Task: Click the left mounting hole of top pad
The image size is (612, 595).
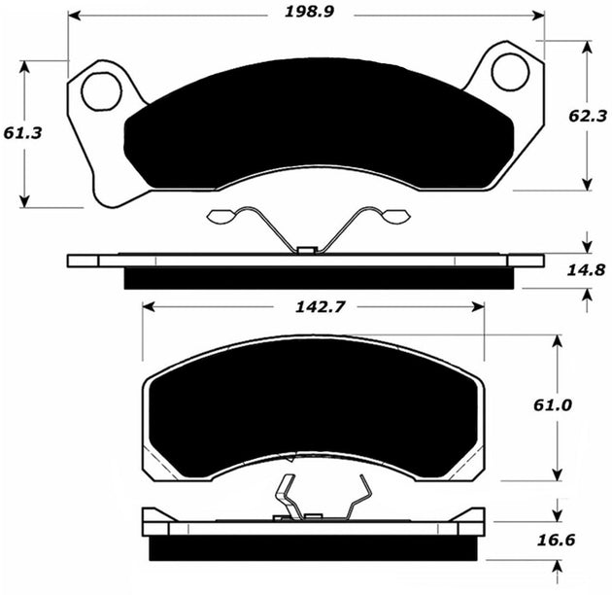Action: point(100,91)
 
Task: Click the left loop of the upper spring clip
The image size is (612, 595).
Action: point(222,217)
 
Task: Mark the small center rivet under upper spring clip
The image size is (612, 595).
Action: point(307,251)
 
